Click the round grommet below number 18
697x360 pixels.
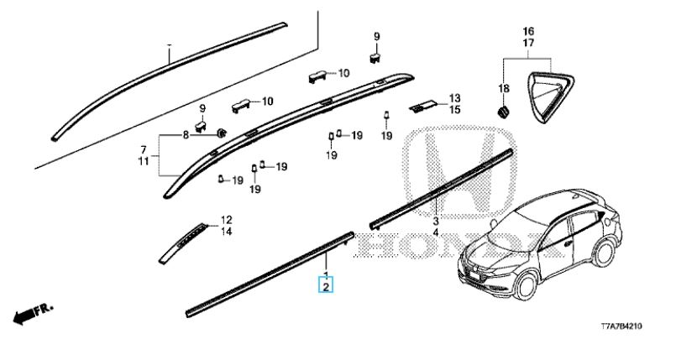point(502,111)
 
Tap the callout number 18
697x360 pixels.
point(504,89)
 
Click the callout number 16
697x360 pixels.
point(528,31)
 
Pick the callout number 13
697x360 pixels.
point(454,98)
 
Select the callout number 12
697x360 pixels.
point(225,220)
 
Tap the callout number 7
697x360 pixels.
point(144,149)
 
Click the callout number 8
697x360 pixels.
point(186,135)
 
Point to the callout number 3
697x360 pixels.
point(436,221)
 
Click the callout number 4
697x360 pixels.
point(436,232)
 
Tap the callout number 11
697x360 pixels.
point(144,159)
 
